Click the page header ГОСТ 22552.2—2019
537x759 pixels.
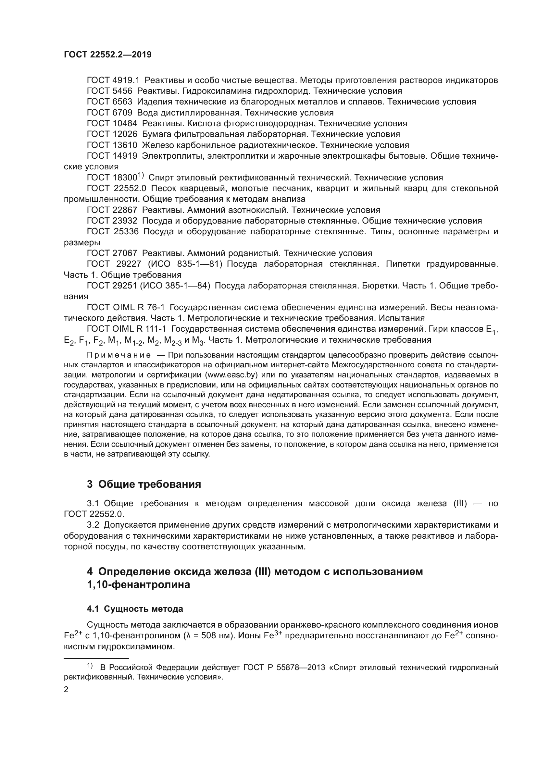click(108, 55)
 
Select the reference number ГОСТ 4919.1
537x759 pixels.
click(113, 80)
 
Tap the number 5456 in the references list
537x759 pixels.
click(122, 91)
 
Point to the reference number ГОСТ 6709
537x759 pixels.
click(109, 113)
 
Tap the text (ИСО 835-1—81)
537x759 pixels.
click(185, 264)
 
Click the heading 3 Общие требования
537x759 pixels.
click(144, 484)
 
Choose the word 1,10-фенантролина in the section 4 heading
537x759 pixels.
click(139, 585)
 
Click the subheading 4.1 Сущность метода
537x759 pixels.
click(135, 609)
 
